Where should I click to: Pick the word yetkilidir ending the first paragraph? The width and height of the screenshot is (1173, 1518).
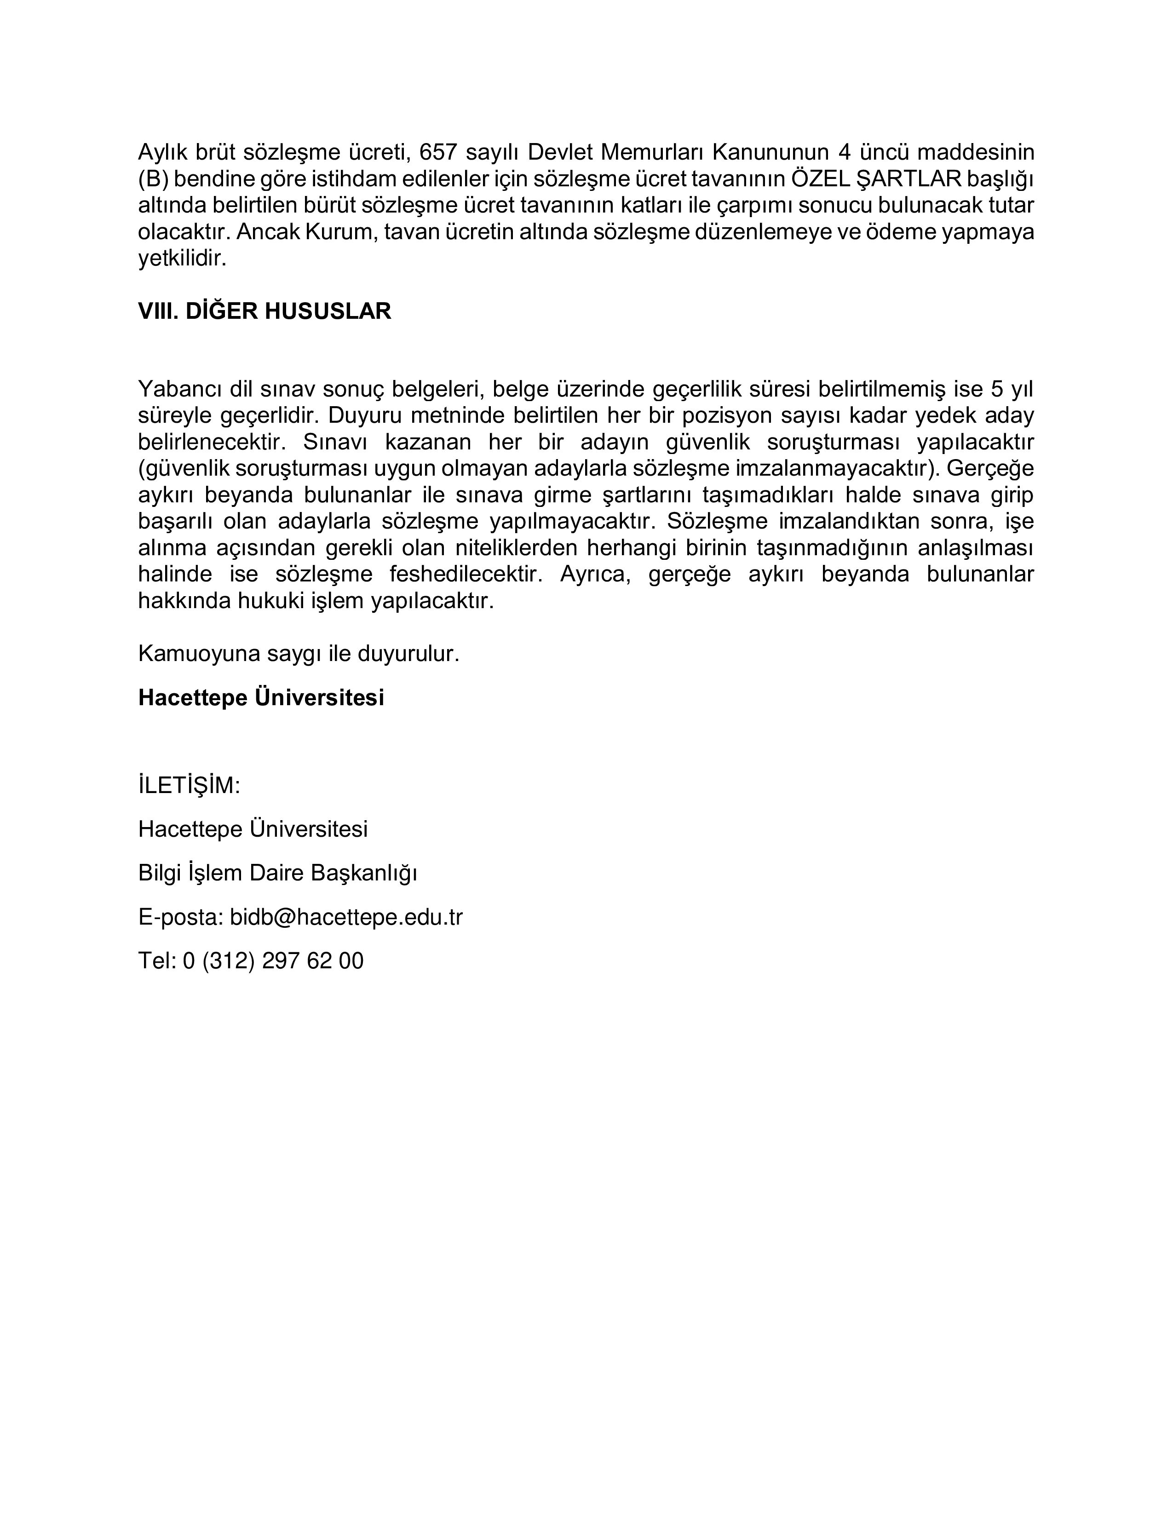click(182, 259)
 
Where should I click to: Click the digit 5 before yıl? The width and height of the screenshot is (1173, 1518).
click(997, 389)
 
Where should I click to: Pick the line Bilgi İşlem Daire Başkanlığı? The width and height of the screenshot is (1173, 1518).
click(277, 873)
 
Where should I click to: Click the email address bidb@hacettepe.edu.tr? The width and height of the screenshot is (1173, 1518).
click(346, 918)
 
